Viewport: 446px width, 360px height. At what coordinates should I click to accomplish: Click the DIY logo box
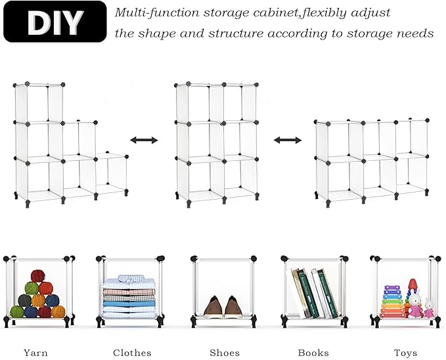point(55,22)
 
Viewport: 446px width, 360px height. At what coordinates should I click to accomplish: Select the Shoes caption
point(225,353)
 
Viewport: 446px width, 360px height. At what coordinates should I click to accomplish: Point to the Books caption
point(313,353)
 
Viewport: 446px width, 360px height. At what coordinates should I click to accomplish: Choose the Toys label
point(405,353)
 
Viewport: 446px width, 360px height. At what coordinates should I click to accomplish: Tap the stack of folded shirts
point(129,299)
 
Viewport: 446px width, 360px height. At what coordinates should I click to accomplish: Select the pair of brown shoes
point(221,306)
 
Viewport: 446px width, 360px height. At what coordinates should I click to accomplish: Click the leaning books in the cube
point(315,293)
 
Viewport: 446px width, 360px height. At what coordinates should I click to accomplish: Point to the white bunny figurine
point(428,307)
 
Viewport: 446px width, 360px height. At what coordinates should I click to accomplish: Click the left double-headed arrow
point(144,140)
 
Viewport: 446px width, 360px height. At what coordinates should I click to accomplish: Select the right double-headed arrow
point(288,140)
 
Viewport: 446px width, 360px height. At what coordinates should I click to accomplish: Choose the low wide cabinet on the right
point(371,160)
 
